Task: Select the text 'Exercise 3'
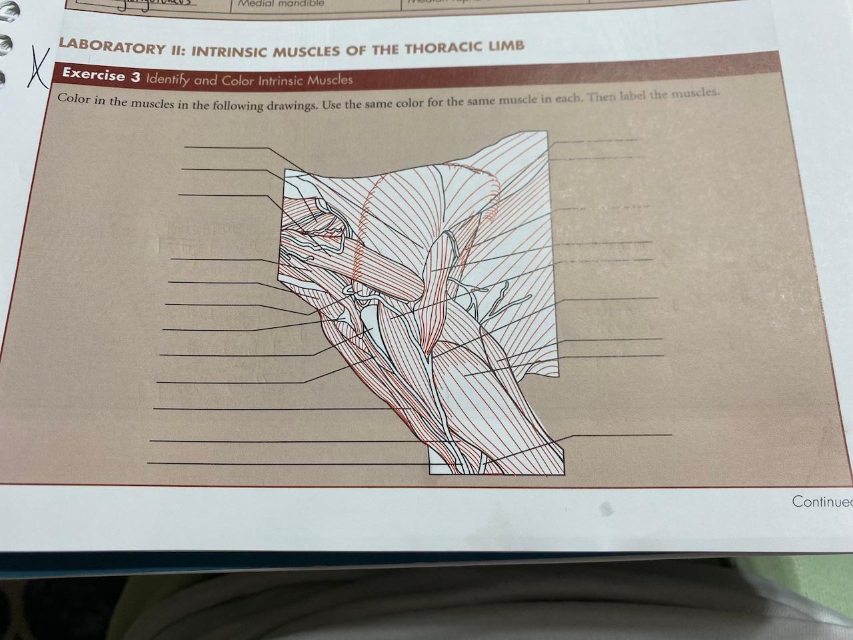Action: (101, 75)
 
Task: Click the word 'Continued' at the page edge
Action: (822, 501)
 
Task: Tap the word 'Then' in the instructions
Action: (602, 96)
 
